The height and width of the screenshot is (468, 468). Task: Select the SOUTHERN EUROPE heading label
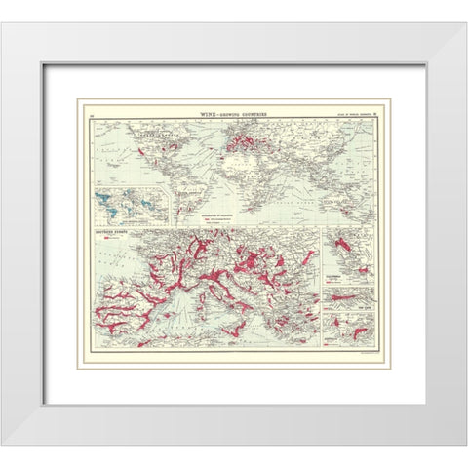pos(112,233)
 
